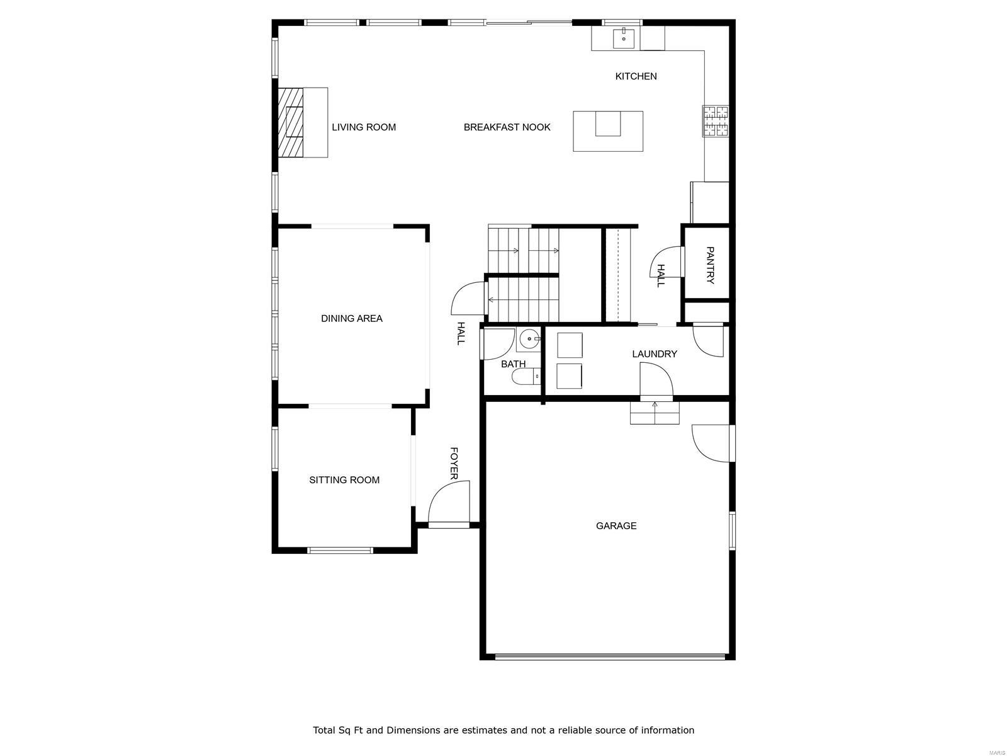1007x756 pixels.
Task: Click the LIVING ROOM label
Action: pyautogui.click(x=364, y=127)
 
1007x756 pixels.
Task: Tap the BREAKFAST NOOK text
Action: pyautogui.click(x=507, y=127)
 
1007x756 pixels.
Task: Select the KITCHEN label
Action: pyautogui.click(x=636, y=76)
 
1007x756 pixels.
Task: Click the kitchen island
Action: pyautogui.click(x=607, y=131)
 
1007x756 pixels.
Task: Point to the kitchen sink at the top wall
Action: pyautogui.click(x=624, y=38)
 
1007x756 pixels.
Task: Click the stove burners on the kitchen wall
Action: pyautogui.click(x=716, y=122)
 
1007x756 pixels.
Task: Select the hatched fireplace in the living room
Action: pyautogui.click(x=291, y=122)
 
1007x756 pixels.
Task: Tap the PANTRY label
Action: pyautogui.click(x=710, y=265)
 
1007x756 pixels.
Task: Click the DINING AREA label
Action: pyautogui.click(x=351, y=319)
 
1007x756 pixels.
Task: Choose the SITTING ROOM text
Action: pyautogui.click(x=344, y=480)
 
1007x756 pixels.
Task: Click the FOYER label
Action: pyautogui.click(x=453, y=464)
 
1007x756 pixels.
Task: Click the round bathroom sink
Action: pyautogui.click(x=530, y=339)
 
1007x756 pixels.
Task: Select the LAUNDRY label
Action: pyautogui.click(x=655, y=354)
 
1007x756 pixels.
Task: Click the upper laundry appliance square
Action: pyautogui.click(x=570, y=345)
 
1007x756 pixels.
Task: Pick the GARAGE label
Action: pyautogui.click(x=616, y=526)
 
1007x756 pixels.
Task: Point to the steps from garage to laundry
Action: pyautogui.click(x=655, y=413)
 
